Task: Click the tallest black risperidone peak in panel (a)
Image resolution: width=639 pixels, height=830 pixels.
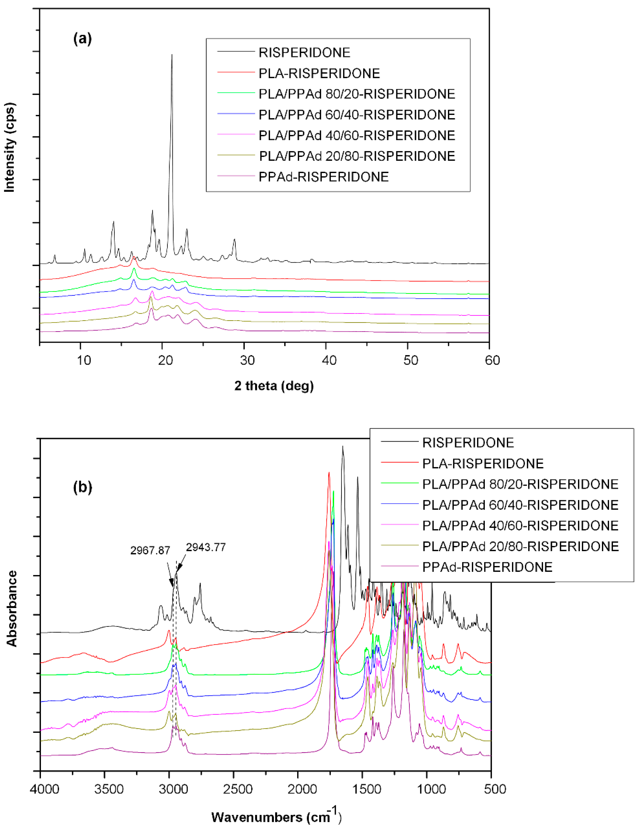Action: click(x=171, y=56)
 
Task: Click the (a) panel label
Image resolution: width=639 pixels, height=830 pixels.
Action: click(x=83, y=39)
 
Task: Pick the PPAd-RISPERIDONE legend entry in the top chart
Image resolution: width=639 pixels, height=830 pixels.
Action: click(x=323, y=177)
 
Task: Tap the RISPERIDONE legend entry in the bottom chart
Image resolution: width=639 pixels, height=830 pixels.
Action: click(x=468, y=442)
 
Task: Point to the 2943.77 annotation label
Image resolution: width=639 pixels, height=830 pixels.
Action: click(x=206, y=547)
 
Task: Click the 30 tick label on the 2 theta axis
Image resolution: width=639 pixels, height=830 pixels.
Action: click(x=247, y=360)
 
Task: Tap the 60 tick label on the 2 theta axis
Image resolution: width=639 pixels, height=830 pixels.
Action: click(x=492, y=360)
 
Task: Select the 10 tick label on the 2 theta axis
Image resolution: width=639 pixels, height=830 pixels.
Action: click(x=84, y=360)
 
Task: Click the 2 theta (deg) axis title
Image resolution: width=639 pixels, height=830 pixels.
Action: click(x=274, y=386)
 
